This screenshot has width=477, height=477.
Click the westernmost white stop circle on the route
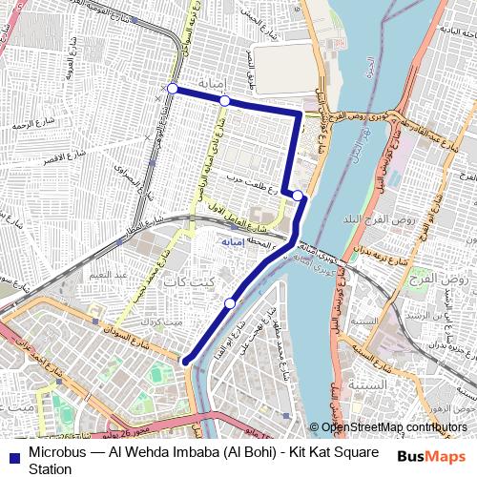(x=173, y=89)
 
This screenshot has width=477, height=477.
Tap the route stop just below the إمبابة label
(x=224, y=101)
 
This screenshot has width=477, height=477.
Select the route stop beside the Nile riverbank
(x=298, y=196)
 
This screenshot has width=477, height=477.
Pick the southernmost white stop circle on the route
(x=230, y=303)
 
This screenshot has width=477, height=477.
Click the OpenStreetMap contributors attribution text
(x=394, y=427)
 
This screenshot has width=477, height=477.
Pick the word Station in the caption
(x=50, y=468)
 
